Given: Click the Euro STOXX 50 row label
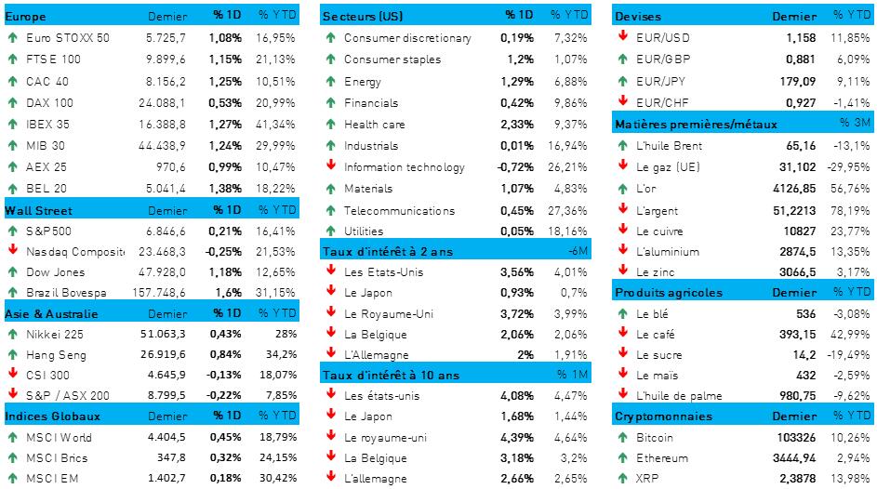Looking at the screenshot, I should tap(68, 38).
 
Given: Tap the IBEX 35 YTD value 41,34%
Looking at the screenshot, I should tap(276, 124).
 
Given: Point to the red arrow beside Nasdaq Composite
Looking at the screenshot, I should tap(12, 251).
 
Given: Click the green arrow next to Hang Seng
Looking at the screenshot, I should tap(12, 354).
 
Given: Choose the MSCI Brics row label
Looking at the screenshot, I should tap(59, 457).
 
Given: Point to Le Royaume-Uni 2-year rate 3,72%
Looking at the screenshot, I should tap(516, 313).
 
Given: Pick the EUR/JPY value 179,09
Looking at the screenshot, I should tap(797, 81).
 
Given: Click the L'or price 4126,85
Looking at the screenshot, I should tap(793, 188).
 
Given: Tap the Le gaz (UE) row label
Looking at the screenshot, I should tap(668, 166).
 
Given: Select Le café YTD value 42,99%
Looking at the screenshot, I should tap(850, 334).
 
